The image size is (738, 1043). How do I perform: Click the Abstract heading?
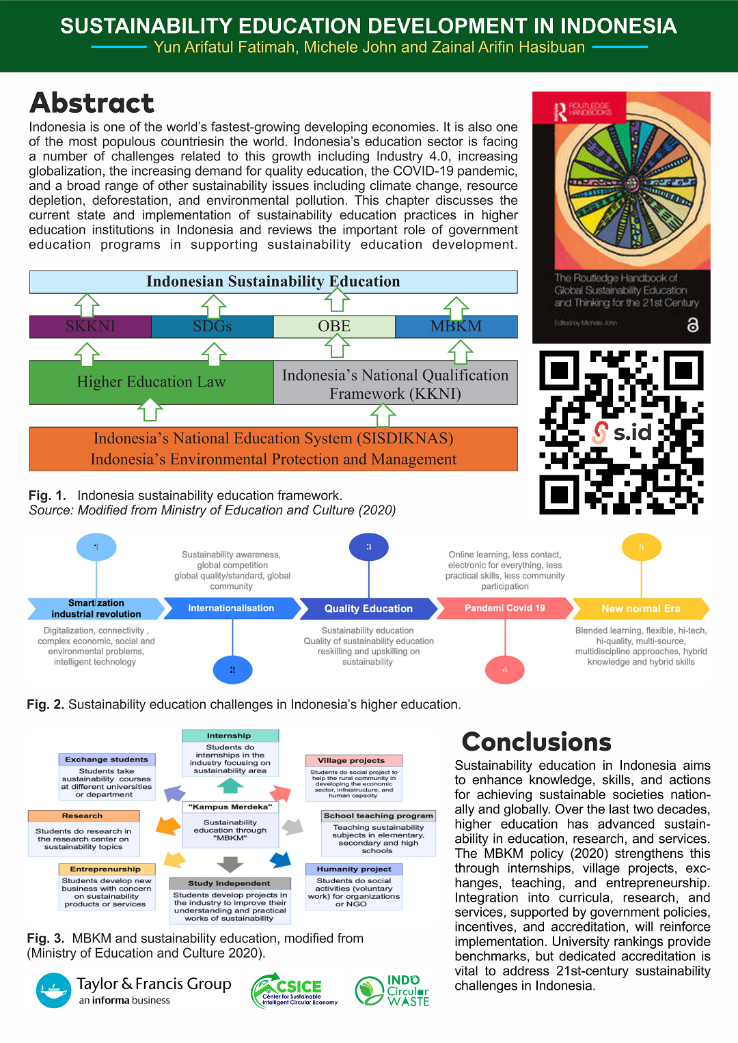[x=92, y=103]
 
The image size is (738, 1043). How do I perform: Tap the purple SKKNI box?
[x=90, y=326]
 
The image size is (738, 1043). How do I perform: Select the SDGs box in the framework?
[x=212, y=326]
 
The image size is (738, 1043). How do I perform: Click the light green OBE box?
[x=334, y=326]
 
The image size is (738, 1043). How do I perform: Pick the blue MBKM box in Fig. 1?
[x=456, y=326]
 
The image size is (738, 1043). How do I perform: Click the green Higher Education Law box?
[x=151, y=382]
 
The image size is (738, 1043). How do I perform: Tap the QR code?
[x=621, y=432]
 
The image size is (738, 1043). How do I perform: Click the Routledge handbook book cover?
[x=621, y=217]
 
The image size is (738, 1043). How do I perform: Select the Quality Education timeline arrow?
[x=368, y=609]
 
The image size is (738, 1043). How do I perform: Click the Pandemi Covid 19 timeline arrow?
[x=504, y=608]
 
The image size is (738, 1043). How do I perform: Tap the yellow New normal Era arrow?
[x=640, y=609]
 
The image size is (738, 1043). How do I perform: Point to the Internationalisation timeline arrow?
[x=231, y=608]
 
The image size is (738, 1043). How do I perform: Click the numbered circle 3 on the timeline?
[x=368, y=546]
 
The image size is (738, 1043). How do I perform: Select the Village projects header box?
[x=351, y=760]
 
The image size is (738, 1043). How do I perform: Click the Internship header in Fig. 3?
[x=230, y=736]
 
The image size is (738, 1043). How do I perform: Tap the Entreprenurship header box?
[x=106, y=869]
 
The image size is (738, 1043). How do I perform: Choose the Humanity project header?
[x=354, y=869]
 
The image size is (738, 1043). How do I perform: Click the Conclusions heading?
[x=536, y=742]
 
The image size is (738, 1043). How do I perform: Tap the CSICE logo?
[x=294, y=990]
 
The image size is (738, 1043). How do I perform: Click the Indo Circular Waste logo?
[x=393, y=990]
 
